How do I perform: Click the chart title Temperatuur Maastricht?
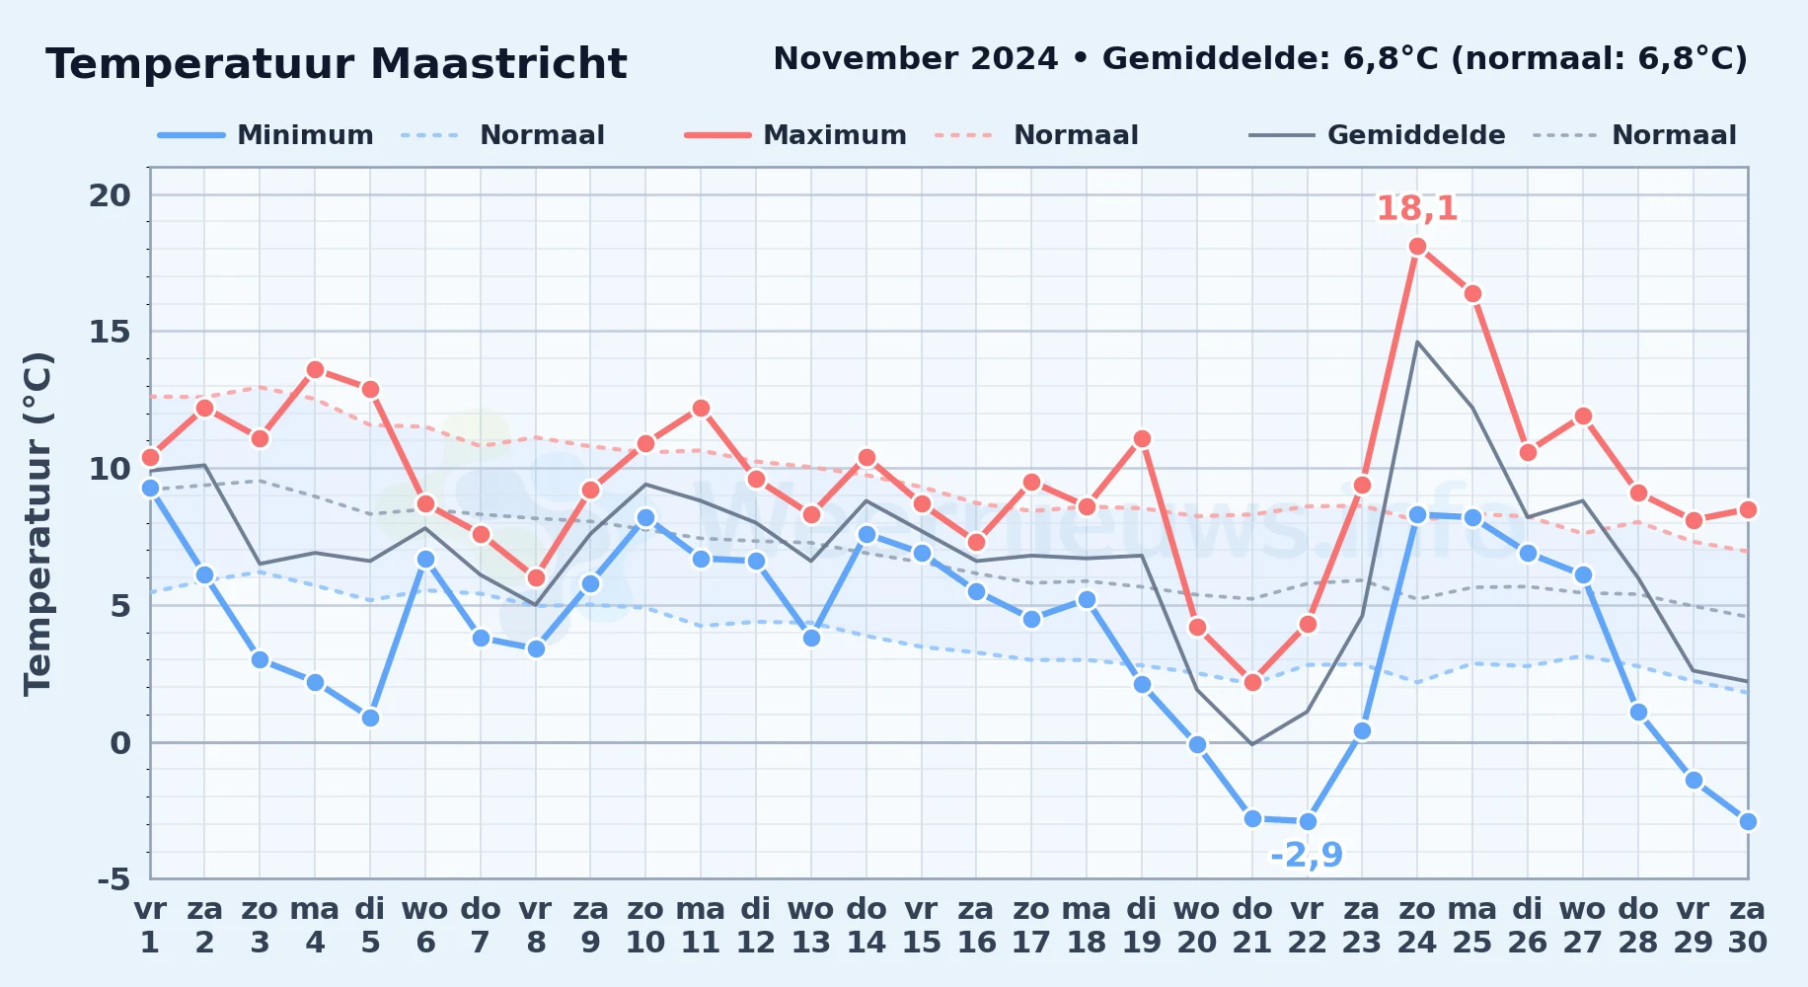(x=337, y=64)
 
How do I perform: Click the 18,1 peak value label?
(x=1416, y=209)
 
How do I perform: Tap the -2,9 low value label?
(x=1306, y=855)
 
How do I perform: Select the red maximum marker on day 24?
(x=1417, y=247)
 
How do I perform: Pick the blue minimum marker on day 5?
(x=370, y=718)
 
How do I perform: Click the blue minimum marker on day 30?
(x=1748, y=821)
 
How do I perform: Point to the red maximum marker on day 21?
(x=1252, y=682)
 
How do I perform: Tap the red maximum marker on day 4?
(x=315, y=370)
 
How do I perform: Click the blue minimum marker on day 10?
(x=645, y=517)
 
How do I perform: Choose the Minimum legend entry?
(x=266, y=135)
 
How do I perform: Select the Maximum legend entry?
(x=796, y=135)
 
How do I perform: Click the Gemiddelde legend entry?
(x=1378, y=135)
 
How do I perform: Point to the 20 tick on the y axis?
(x=110, y=195)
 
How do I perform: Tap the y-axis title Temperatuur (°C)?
(x=38, y=523)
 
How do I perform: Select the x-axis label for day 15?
(x=922, y=926)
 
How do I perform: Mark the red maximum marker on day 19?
(x=1142, y=438)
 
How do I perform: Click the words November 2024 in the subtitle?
(x=916, y=59)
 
